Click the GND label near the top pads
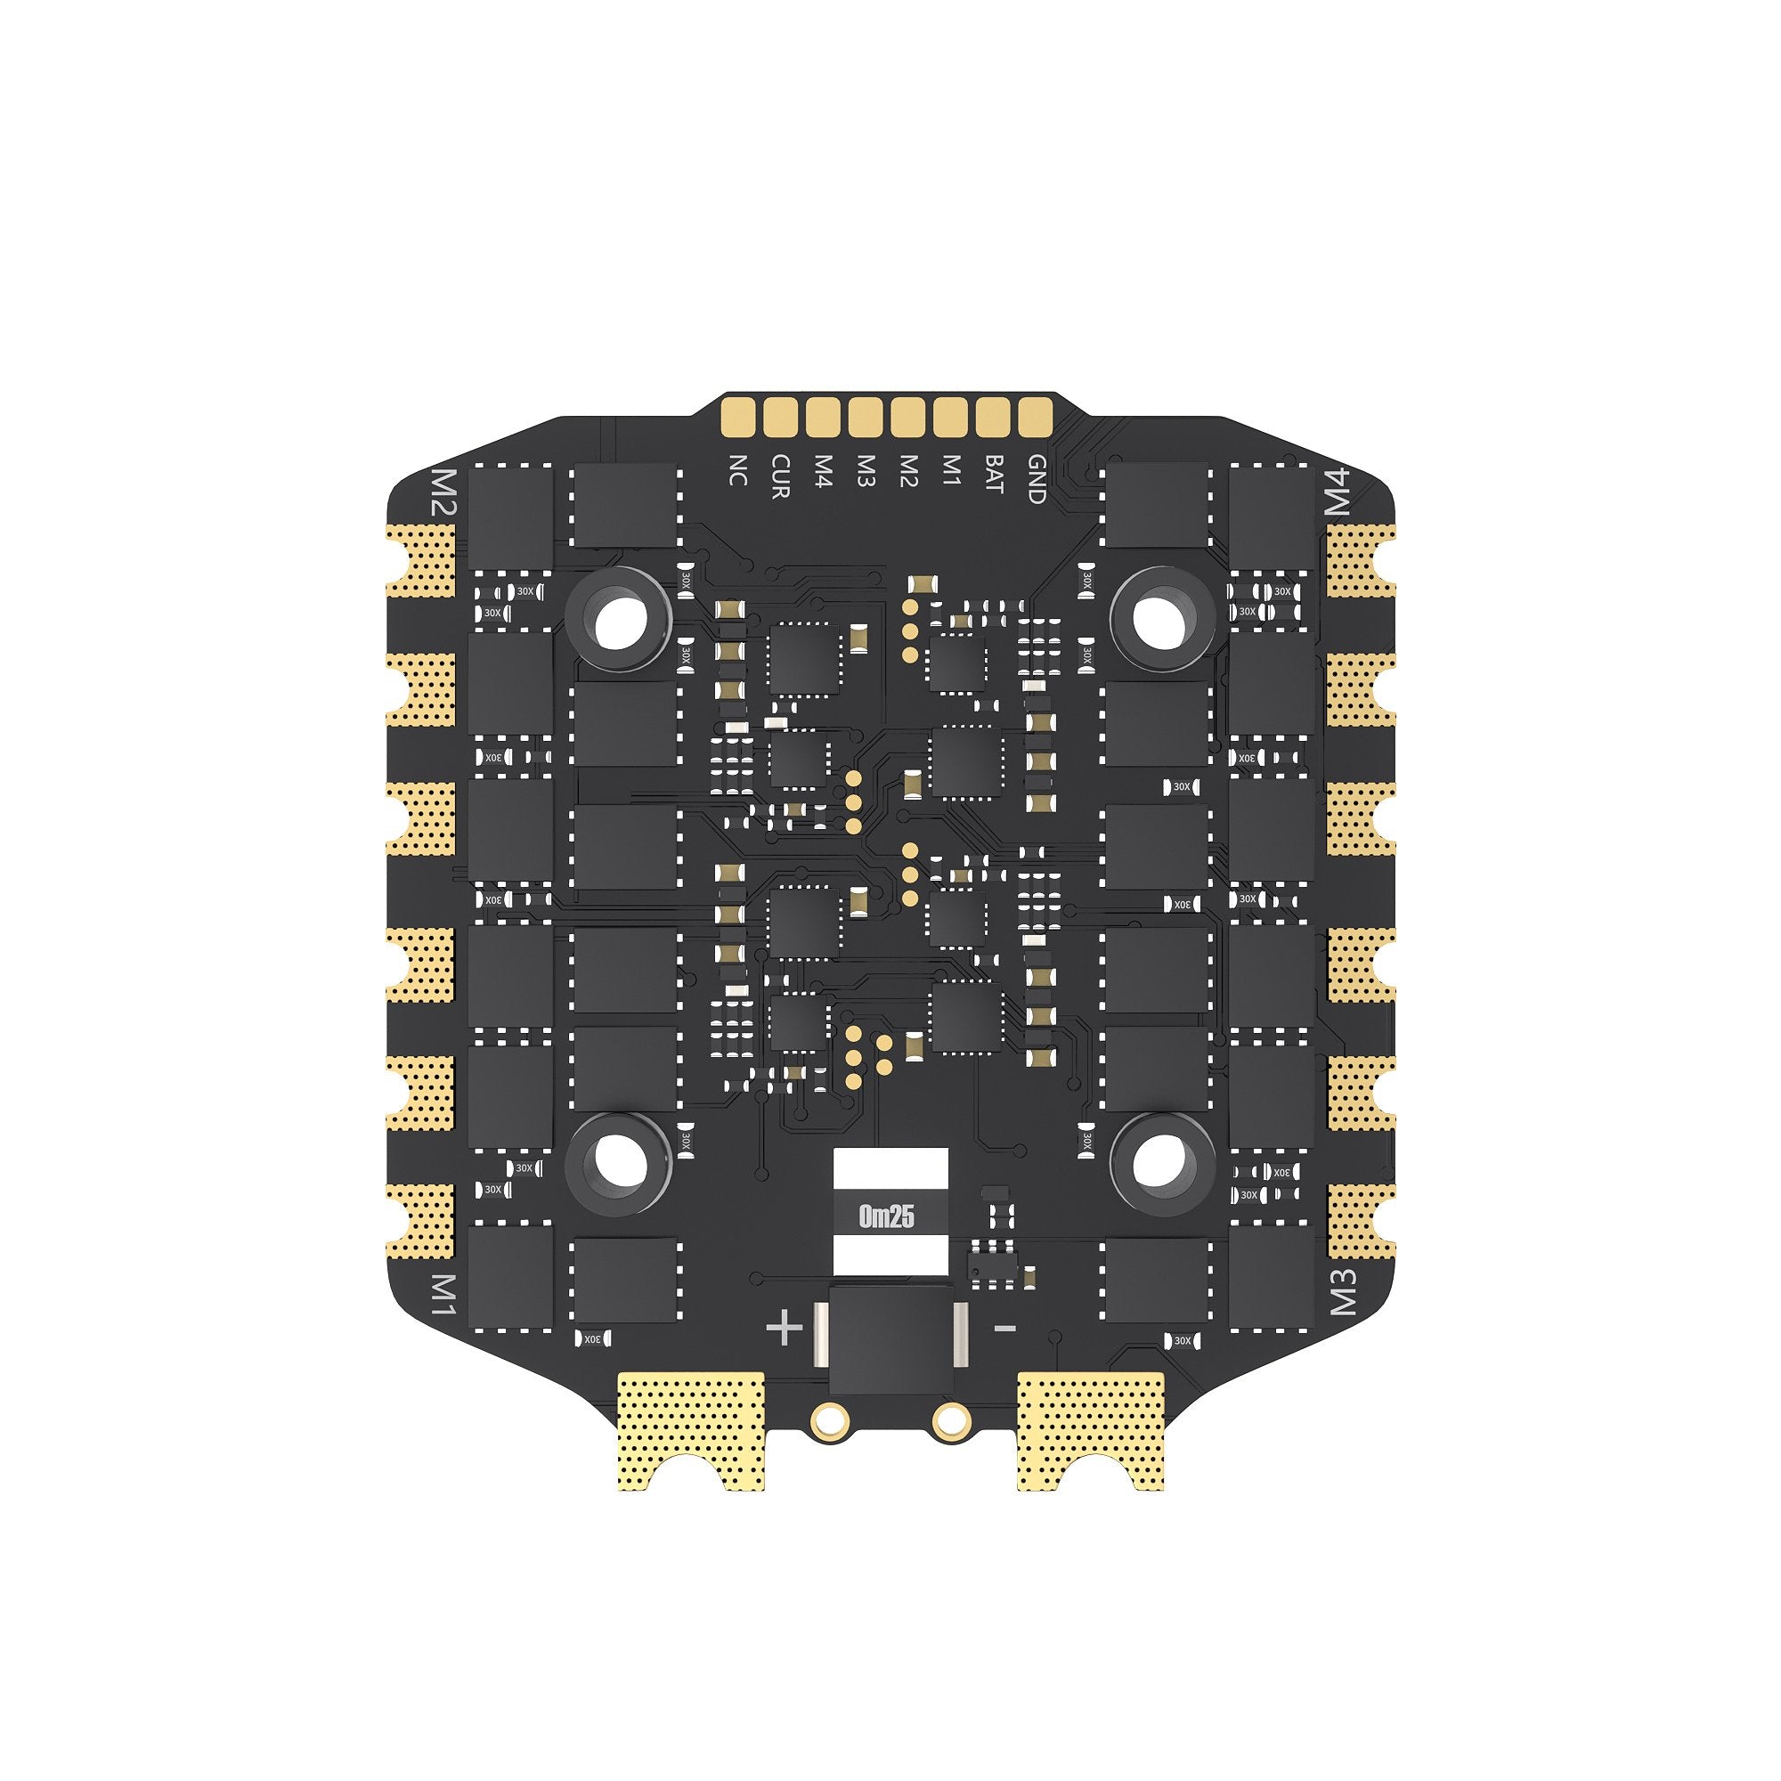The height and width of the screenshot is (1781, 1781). point(1036,479)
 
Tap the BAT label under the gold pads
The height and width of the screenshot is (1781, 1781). point(993,472)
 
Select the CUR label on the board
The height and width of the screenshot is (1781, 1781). point(780,476)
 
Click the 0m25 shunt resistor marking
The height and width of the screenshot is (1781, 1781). point(886,1217)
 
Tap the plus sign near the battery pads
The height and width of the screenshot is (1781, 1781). point(785,1330)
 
